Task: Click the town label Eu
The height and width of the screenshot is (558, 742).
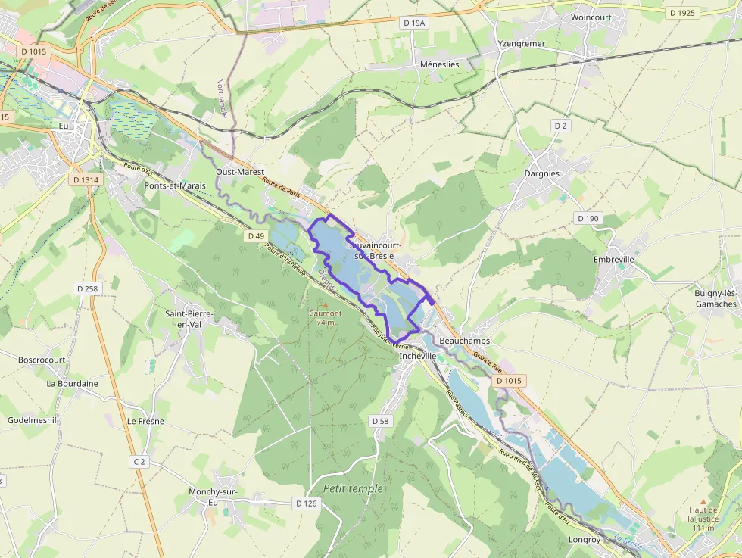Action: click(64, 126)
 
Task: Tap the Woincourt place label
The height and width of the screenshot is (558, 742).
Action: click(591, 17)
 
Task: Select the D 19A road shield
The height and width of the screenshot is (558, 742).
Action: click(414, 23)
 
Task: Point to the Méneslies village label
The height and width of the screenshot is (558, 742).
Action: click(439, 64)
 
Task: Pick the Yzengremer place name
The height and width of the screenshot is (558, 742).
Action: click(521, 44)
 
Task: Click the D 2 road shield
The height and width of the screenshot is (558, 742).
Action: click(560, 126)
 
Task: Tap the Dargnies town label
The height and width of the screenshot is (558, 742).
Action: click(542, 173)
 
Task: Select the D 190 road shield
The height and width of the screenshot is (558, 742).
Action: click(588, 218)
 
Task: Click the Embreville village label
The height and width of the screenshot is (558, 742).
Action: click(613, 259)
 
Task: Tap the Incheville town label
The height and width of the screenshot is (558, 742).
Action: click(418, 355)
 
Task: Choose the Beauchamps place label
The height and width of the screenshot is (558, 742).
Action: click(464, 341)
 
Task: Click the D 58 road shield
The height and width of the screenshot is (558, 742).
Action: click(380, 420)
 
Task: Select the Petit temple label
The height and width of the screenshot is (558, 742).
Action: click(353, 488)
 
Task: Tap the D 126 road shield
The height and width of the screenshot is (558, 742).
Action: click(306, 503)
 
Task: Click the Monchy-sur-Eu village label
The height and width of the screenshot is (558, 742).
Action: click(213, 497)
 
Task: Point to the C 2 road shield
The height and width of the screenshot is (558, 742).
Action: click(139, 461)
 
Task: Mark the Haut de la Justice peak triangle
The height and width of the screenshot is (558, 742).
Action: click(703, 501)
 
